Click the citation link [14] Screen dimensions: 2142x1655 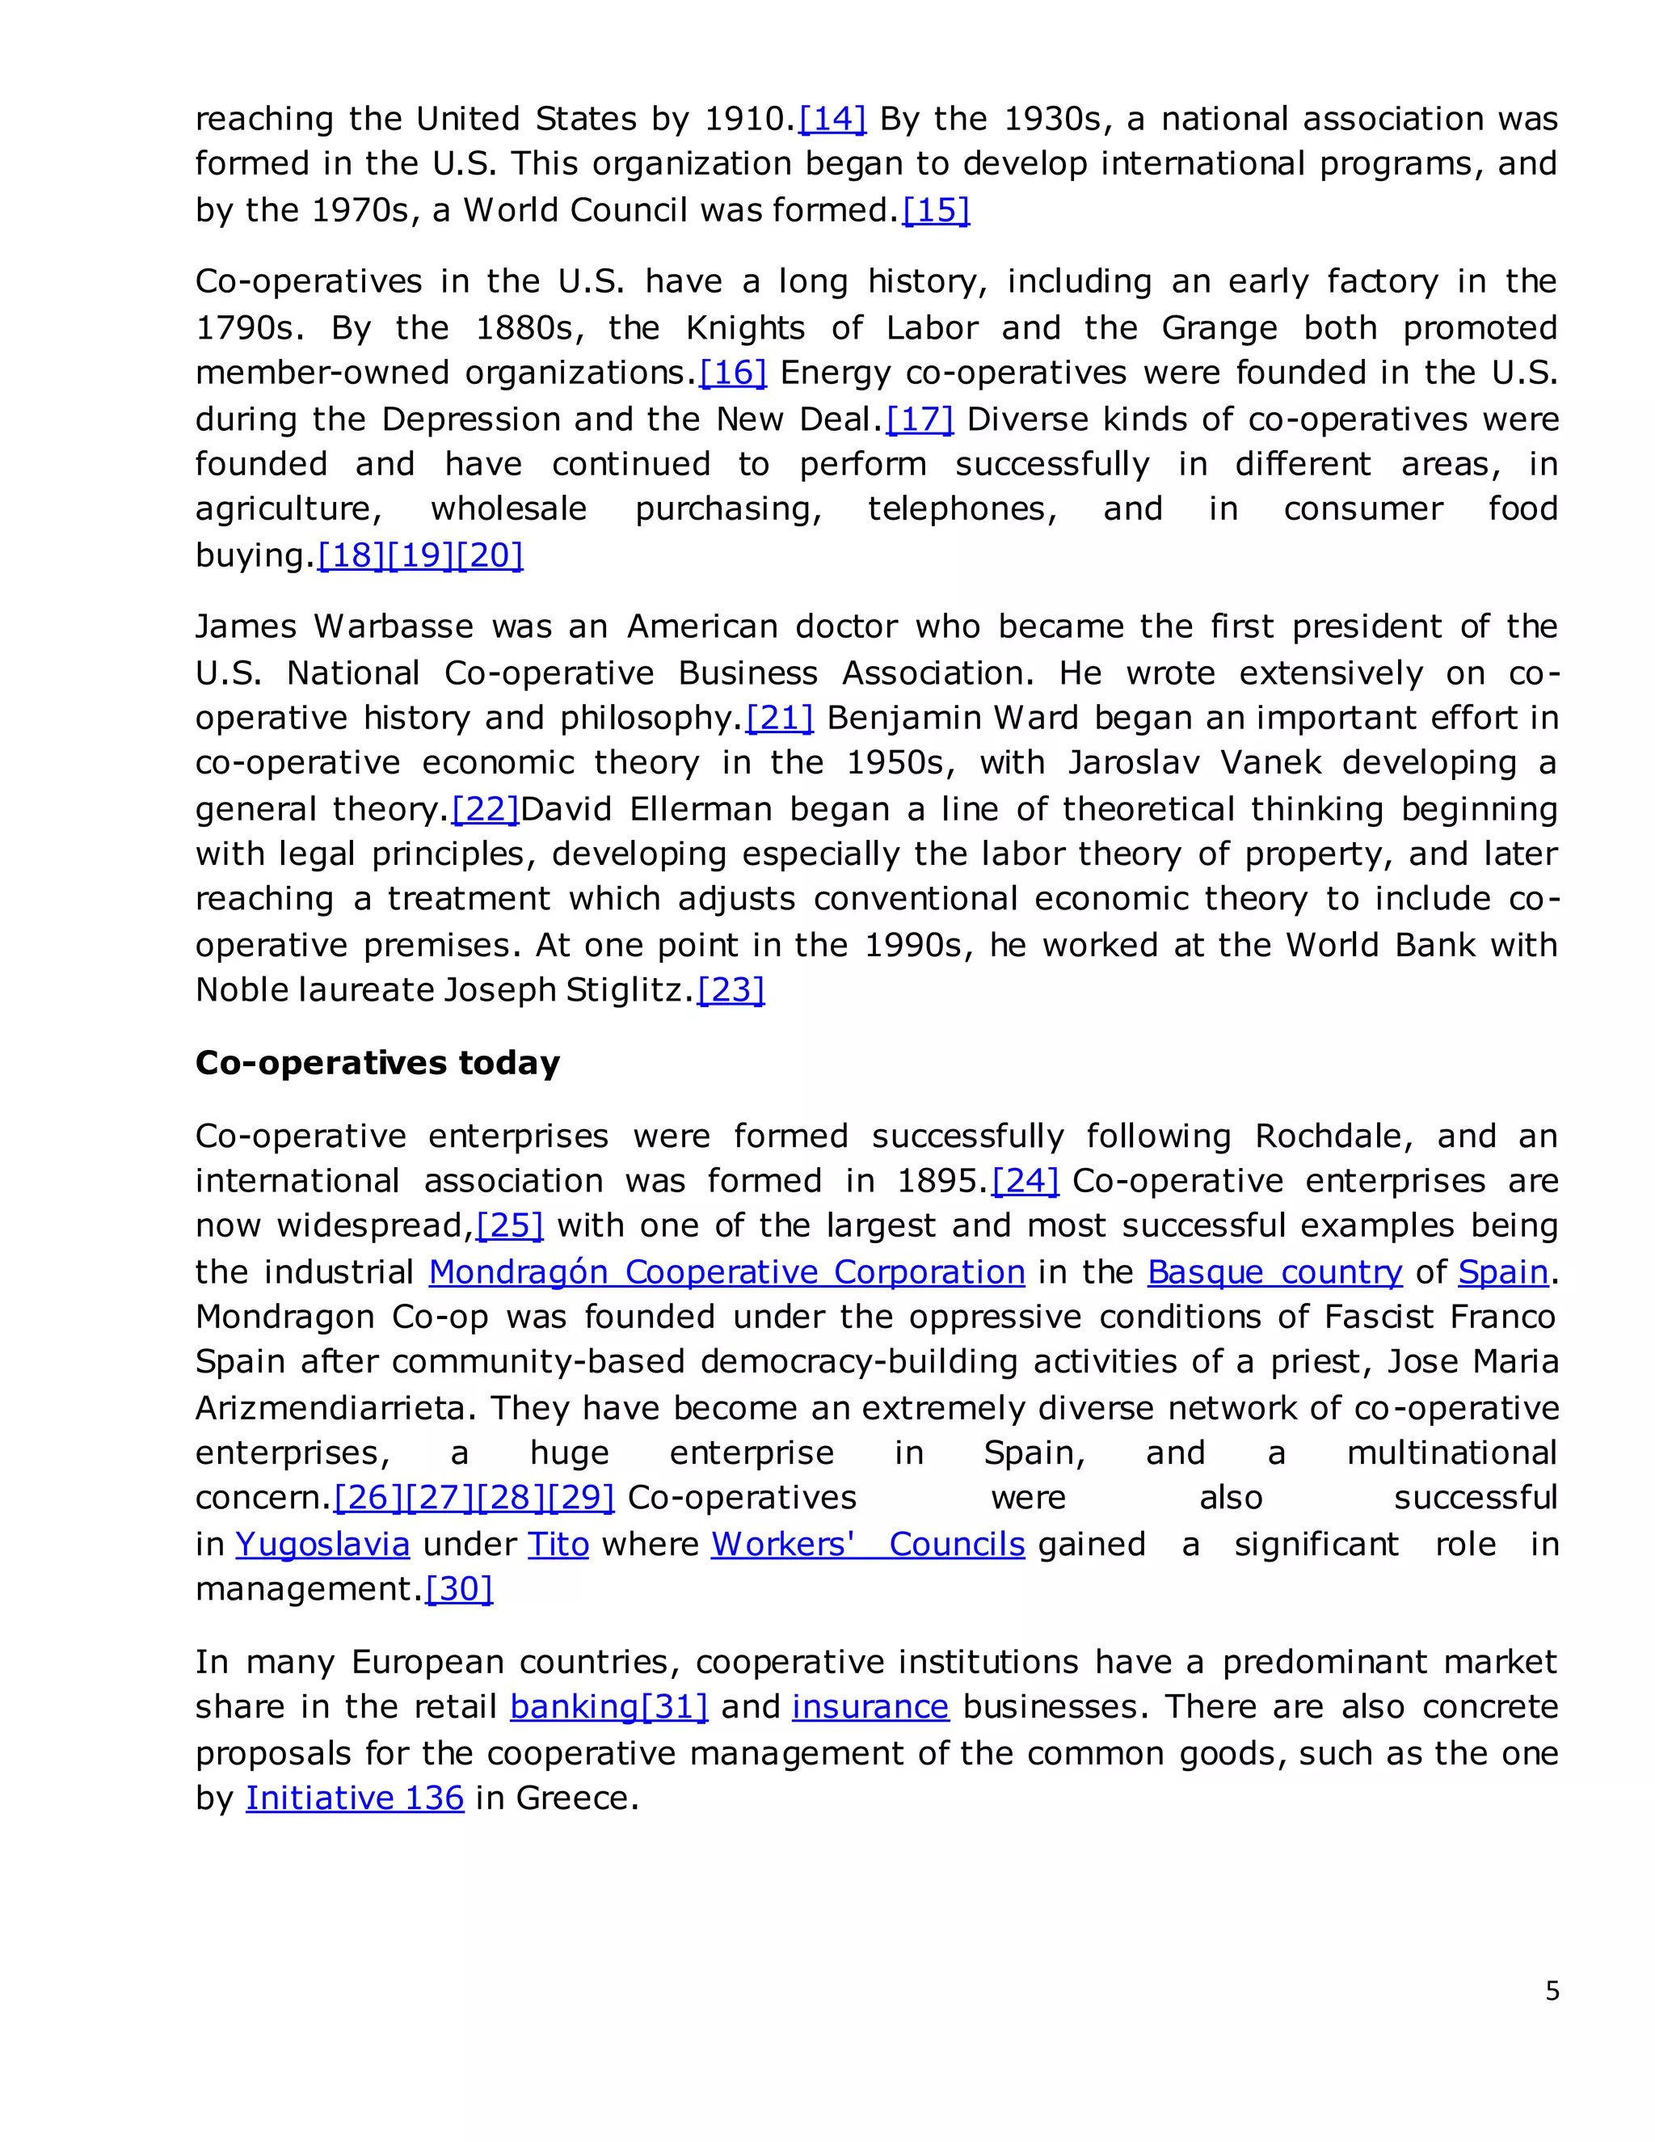click(x=832, y=119)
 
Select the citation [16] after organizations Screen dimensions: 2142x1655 click(x=732, y=373)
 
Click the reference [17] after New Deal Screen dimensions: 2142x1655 click(x=920, y=420)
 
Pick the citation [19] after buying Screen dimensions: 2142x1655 click(x=420, y=556)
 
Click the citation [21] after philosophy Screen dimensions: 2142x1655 click(x=780, y=718)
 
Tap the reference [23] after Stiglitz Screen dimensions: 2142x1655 click(x=731, y=989)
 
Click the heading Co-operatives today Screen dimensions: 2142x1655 click(x=377, y=1062)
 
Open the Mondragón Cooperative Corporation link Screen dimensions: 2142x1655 click(x=726, y=1272)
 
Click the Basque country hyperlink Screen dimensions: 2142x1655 click(x=1274, y=1272)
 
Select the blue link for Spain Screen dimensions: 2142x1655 click(x=1503, y=1272)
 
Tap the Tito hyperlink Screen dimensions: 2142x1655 click(x=558, y=1545)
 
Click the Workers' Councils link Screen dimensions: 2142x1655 click(x=868, y=1545)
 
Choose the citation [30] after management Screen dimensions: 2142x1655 click(x=459, y=1589)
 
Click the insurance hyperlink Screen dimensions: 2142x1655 click(x=870, y=1707)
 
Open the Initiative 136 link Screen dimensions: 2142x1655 click(x=354, y=1798)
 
